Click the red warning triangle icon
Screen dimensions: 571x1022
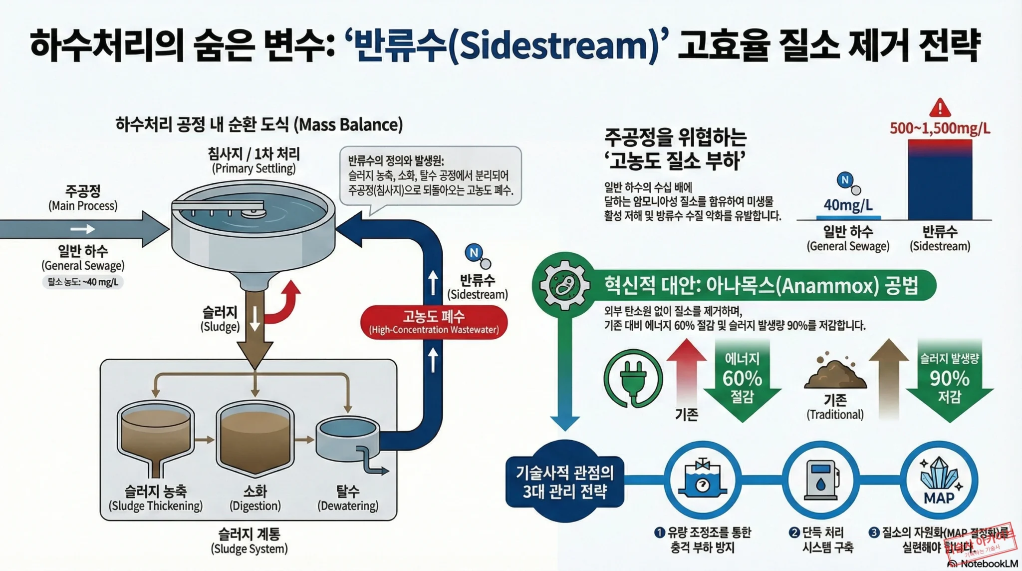[940, 107]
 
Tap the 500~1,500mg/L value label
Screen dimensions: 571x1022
[940, 128]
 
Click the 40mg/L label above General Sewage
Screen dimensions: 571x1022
[848, 205]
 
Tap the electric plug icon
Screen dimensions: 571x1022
[633, 379]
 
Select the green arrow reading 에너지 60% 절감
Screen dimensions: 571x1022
[742, 380]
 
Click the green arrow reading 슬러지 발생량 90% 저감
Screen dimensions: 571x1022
[949, 380]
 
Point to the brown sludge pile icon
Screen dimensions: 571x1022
[835, 372]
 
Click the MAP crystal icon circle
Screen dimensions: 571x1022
[939, 481]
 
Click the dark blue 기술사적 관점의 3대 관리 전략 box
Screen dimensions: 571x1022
[565, 482]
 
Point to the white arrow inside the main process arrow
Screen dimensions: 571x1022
[83, 229]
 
